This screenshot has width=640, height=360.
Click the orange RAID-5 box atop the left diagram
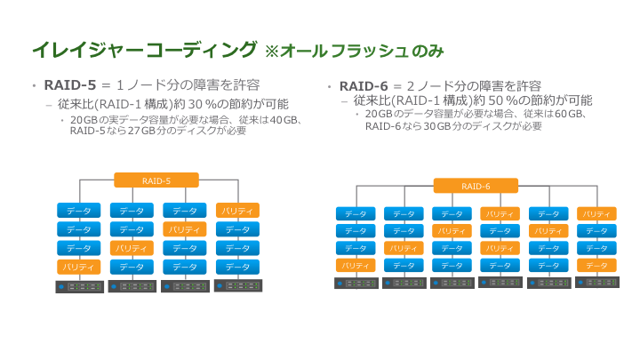point(156,180)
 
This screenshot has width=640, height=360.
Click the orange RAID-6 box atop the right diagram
point(476,186)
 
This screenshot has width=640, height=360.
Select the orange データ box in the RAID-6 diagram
point(596,265)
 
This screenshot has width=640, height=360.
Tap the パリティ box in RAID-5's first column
point(79,267)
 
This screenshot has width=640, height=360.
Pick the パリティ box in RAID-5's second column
point(132,248)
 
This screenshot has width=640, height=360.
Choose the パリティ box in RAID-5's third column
point(185,229)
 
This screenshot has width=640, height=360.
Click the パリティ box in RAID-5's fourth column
point(237,211)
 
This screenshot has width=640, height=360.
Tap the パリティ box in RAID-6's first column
point(356,265)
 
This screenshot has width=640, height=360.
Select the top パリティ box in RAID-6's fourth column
point(500,214)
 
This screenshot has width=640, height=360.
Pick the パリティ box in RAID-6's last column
point(596,214)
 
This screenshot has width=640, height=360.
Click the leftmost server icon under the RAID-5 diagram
point(79,286)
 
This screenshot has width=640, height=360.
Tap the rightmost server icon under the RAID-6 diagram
point(596,283)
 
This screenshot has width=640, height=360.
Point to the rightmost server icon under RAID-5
point(237,286)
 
